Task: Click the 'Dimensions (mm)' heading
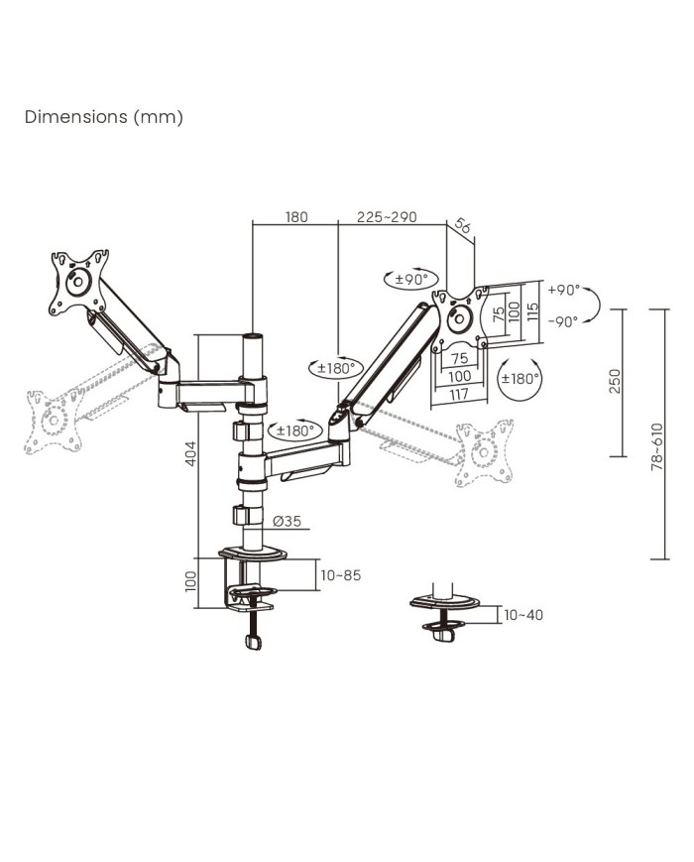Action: click(104, 117)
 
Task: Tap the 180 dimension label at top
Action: click(296, 217)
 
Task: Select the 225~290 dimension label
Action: click(387, 217)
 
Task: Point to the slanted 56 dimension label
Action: click(463, 226)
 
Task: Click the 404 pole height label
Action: click(190, 453)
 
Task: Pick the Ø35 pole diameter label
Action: click(287, 521)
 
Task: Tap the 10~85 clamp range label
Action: click(341, 575)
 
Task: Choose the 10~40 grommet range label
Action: click(523, 615)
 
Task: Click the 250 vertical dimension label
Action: click(615, 381)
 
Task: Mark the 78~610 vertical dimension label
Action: click(656, 446)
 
